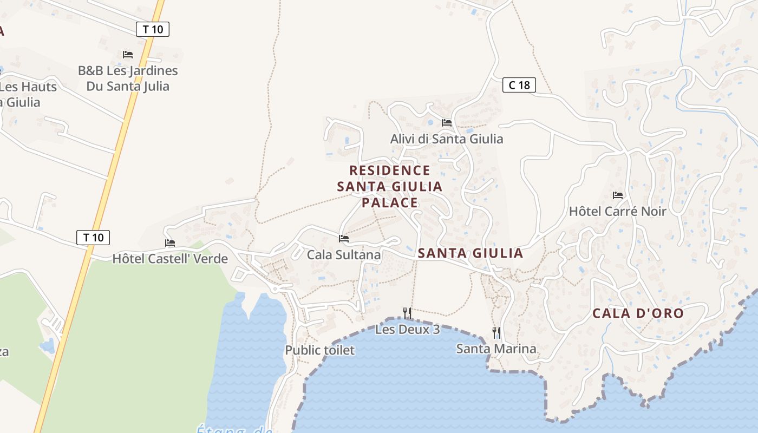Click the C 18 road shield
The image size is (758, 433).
coord(519,85)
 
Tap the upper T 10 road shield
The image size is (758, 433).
coord(153,29)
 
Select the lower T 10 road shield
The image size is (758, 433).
coord(93,237)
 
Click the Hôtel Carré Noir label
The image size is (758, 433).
coord(617,211)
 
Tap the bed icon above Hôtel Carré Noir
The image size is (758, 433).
coord(618,195)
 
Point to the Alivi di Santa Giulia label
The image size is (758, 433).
coord(447,139)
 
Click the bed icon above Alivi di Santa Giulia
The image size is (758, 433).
coord(447,123)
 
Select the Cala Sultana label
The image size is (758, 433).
coord(344,254)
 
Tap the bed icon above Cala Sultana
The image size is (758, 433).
coord(344,238)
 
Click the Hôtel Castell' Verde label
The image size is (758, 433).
coord(170,259)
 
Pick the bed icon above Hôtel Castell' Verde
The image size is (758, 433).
coord(170,243)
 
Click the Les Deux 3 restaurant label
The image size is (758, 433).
coord(407,329)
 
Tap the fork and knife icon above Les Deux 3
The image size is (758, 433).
coord(407,313)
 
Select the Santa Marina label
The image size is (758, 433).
coord(496,349)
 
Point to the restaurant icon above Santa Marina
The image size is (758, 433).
coord(496,332)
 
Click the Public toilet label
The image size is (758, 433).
coord(319,350)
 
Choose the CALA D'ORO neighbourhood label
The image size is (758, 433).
coord(638,313)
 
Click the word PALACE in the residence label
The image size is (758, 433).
coord(390,203)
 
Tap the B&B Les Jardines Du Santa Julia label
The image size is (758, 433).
coord(128,78)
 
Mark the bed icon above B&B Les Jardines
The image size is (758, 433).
coord(128,55)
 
